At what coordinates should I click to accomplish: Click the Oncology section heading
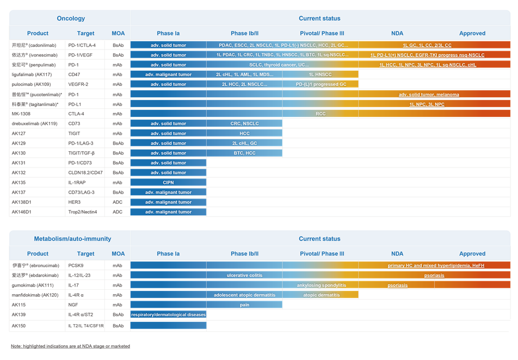(x=71, y=18)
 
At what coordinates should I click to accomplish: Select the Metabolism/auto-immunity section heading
(x=72, y=239)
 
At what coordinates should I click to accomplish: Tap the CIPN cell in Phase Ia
(x=169, y=183)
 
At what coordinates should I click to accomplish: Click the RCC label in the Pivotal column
(x=320, y=114)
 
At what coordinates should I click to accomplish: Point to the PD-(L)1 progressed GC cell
(x=320, y=84)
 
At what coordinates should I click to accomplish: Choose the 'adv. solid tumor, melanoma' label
(x=429, y=95)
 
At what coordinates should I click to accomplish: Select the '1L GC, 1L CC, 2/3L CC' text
(x=427, y=45)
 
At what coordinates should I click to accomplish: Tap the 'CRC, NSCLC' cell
(x=245, y=124)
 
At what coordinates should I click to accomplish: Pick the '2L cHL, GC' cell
(x=245, y=144)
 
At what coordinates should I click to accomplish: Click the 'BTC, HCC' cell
(x=245, y=153)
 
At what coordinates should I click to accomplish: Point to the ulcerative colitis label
(x=245, y=275)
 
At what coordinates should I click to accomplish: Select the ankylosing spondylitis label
(x=322, y=285)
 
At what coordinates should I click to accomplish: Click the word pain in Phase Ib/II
(x=245, y=305)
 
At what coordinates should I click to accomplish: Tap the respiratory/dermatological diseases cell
(x=169, y=314)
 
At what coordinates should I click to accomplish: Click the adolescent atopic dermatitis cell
(x=245, y=295)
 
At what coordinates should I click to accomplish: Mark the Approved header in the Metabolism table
(x=472, y=253)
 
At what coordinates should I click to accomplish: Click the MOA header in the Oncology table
(x=118, y=33)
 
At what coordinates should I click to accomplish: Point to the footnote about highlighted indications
(x=70, y=346)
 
